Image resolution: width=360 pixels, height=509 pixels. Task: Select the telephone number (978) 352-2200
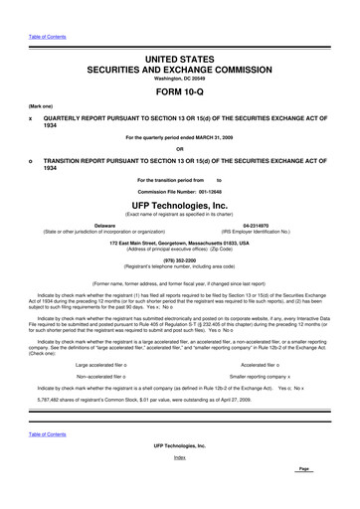[x=179, y=262]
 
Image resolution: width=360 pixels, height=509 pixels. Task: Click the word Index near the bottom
[x=179, y=485]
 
